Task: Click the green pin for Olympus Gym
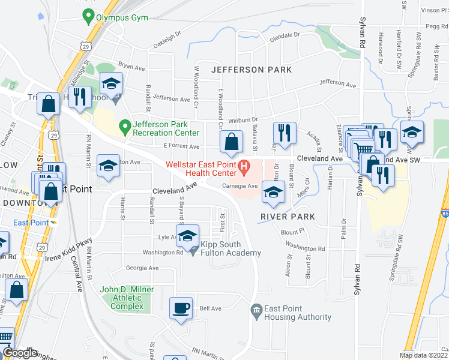click(x=88, y=17)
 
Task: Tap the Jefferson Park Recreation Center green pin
click(x=125, y=127)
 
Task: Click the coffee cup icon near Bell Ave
click(x=181, y=309)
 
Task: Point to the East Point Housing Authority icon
click(x=256, y=310)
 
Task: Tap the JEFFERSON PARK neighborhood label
click(x=251, y=70)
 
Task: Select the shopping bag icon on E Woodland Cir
click(x=231, y=143)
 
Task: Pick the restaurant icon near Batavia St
click(x=283, y=133)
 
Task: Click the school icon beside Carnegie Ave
click(x=273, y=192)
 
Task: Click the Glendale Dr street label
click(x=284, y=36)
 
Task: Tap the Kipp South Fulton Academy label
click(x=231, y=248)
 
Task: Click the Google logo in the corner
click(x=20, y=353)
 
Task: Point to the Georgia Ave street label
click(x=142, y=268)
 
